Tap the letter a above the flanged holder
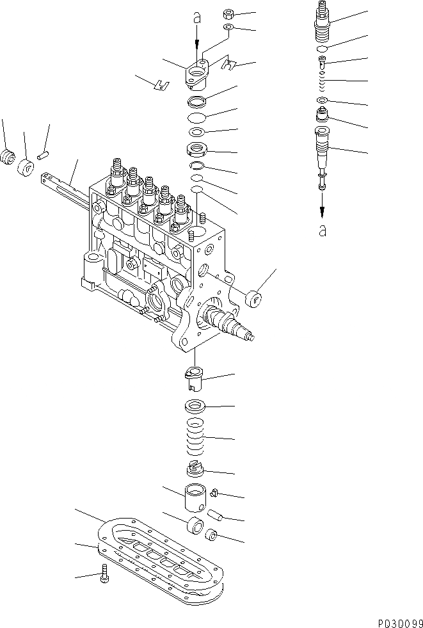point(197,19)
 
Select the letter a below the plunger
point(323,230)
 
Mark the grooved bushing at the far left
point(8,156)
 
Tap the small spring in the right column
point(323,82)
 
